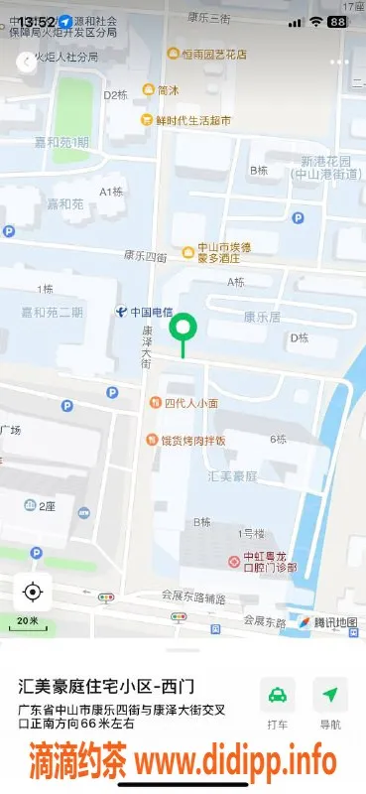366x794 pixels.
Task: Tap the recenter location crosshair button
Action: tap(32, 593)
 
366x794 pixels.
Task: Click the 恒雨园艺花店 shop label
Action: tap(206, 55)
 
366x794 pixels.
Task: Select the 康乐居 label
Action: tap(262, 317)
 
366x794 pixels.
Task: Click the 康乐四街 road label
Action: tap(145, 255)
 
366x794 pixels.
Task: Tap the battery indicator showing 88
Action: tap(338, 21)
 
